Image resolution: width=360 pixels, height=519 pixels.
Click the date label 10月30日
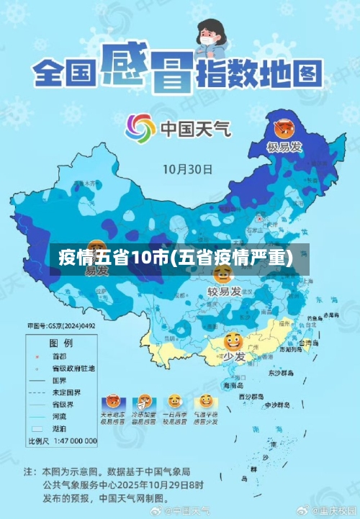coord(186,170)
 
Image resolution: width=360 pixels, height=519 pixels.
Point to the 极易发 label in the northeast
coord(284,148)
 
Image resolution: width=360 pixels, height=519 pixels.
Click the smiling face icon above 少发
coord(232,340)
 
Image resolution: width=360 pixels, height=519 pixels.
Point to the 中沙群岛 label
coord(276,405)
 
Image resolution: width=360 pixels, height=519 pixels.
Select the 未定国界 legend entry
coord(66,392)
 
